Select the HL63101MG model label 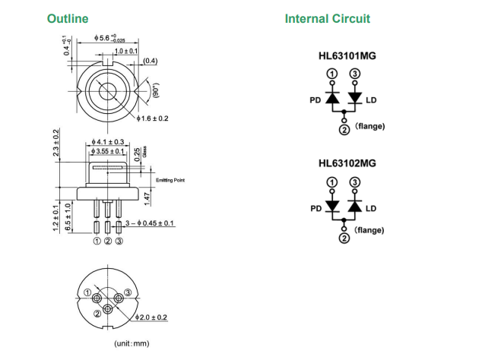(x=347, y=55)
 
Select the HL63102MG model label (x=347, y=163)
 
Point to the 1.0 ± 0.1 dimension (x=125, y=50)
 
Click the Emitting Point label (x=170, y=180)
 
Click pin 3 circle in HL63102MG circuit (x=354, y=182)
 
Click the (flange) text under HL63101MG (x=369, y=126)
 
